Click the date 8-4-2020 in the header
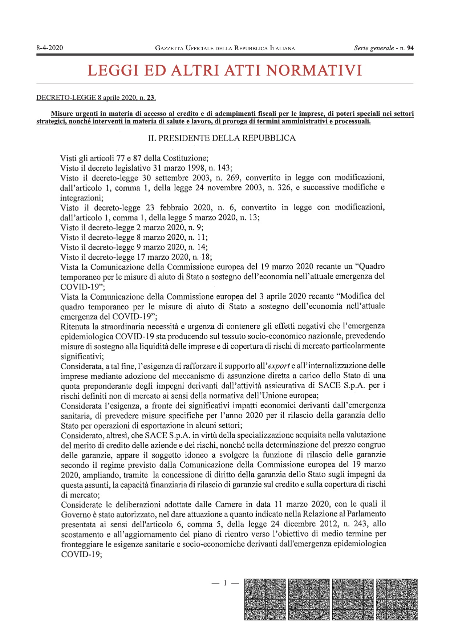[x=50, y=48]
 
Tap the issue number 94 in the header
[x=410, y=48]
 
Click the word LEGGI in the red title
[x=113, y=70]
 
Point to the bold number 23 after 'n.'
[x=151, y=98]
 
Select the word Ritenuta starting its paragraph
[x=75, y=326]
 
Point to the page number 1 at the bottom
[x=225, y=583]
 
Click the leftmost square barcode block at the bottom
[x=265, y=599]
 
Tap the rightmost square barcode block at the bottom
[x=397, y=599]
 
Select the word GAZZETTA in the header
[x=169, y=48]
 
